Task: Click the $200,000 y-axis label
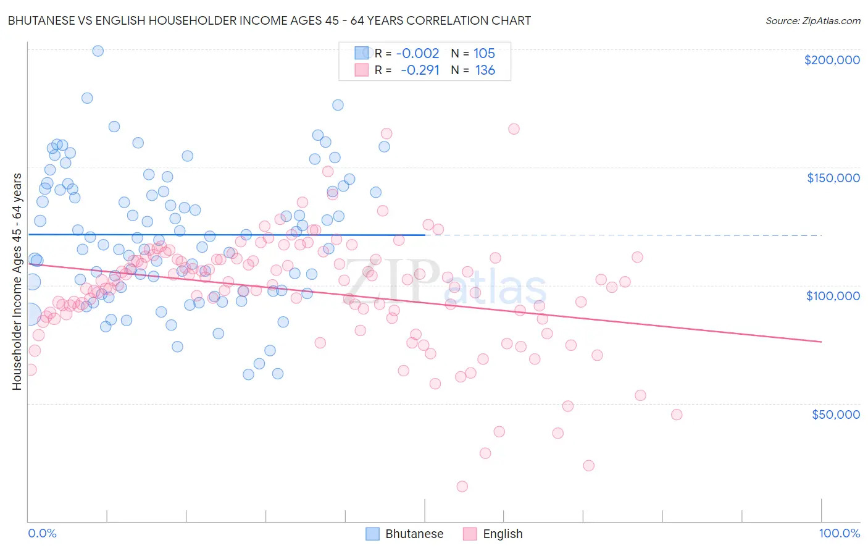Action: (x=832, y=60)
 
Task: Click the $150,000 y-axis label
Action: (x=833, y=178)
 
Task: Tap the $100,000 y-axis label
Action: (x=833, y=296)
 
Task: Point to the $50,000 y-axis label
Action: (x=835, y=414)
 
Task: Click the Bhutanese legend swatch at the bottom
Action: (x=372, y=534)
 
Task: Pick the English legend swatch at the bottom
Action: (x=470, y=534)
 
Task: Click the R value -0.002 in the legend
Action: (x=417, y=54)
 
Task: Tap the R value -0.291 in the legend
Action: (x=420, y=70)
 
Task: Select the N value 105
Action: (x=484, y=54)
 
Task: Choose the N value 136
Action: (x=485, y=70)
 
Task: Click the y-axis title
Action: (x=17, y=282)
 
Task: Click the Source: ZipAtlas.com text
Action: (x=812, y=21)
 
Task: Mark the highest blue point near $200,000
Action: (x=98, y=51)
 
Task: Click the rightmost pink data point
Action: (x=677, y=414)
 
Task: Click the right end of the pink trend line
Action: (x=821, y=342)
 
